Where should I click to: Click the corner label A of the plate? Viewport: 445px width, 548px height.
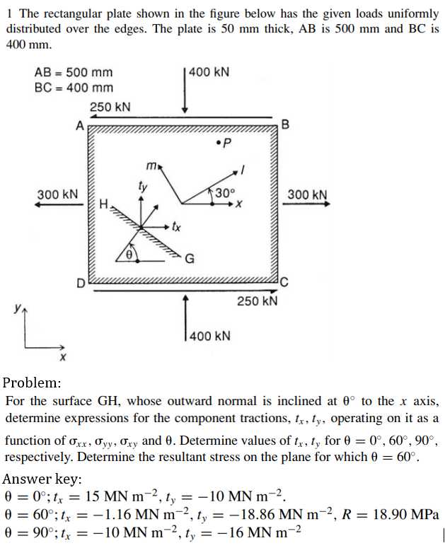coord(80,126)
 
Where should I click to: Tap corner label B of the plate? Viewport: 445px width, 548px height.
coord(285,126)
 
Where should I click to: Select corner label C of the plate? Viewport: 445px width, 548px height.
coord(284,284)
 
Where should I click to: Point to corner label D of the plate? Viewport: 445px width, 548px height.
coord(81,284)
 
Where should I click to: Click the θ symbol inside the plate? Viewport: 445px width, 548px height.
coord(129,253)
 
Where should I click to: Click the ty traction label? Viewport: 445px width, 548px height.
coord(143,187)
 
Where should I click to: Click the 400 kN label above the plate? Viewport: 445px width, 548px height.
coord(210,74)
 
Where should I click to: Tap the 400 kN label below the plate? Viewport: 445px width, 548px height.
coord(211,335)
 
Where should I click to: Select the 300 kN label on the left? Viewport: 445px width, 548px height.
coord(57,194)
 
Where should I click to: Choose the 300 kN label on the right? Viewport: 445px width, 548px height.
coord(307,194)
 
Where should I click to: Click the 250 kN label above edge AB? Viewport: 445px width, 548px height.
coord(110,107)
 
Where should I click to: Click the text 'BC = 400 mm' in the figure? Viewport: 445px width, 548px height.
coord(74,88)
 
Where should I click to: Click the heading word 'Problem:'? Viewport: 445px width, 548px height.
coord(32,383)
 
